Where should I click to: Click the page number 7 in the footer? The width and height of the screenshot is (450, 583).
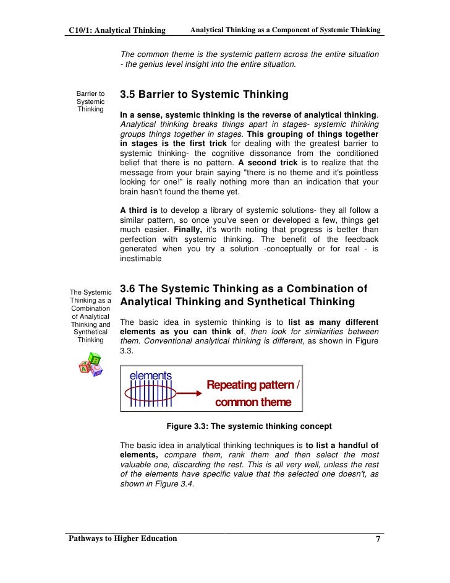pyautogui.click(x=378, y=539)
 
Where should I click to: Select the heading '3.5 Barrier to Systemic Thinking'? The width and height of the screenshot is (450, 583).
pyautogui.click(x=204, y=95)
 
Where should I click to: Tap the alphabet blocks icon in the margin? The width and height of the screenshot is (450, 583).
pyautogui.click(x=90, y=363)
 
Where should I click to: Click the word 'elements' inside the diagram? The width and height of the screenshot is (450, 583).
pyautogui.click(x=150, y=376)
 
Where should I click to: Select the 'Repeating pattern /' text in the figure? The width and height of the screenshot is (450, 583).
pyautogui.click(x=253, y=386)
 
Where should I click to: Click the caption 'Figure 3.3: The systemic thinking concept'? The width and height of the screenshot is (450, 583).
pyautogui.click(x=249, y=426)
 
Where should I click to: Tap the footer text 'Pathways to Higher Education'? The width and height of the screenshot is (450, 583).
pyautogui.click(x=123, y=538)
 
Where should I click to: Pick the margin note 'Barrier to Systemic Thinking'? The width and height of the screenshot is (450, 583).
pyautogui.click(x=90, y=101)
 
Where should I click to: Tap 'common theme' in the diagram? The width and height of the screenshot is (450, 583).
pyautogui.click(x=253, y=402)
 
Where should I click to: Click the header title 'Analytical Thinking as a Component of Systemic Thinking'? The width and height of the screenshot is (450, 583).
pyautogui.click(x=285, y=30)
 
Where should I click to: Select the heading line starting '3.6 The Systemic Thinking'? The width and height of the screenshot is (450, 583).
pyautogui.click(x=244, y=288)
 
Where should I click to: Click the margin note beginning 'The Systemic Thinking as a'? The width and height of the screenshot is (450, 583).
pyautogui.click(x=90, y=316)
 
